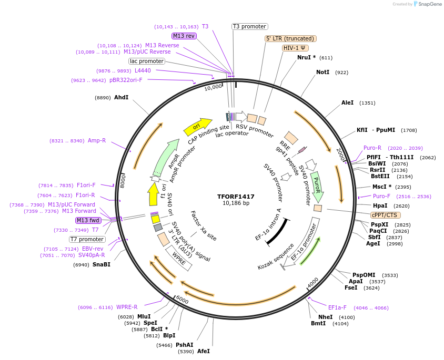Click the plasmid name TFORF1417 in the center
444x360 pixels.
236,197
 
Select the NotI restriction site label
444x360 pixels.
322,72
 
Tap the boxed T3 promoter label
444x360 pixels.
249,26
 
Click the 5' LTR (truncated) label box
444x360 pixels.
290,38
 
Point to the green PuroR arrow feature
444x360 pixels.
316,184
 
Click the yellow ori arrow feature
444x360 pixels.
195,127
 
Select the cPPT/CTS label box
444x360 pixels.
386,215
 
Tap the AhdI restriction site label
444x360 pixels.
122,97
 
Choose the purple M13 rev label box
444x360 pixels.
184,36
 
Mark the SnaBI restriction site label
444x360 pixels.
102,265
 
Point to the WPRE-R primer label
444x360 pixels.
127,307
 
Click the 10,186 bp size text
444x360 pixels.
236,203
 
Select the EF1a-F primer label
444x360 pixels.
337,307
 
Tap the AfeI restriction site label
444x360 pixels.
204,351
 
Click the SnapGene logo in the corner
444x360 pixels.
427,4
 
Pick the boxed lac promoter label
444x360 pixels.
147,61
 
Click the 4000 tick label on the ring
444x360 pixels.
313,283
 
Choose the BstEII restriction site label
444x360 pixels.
380,177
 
